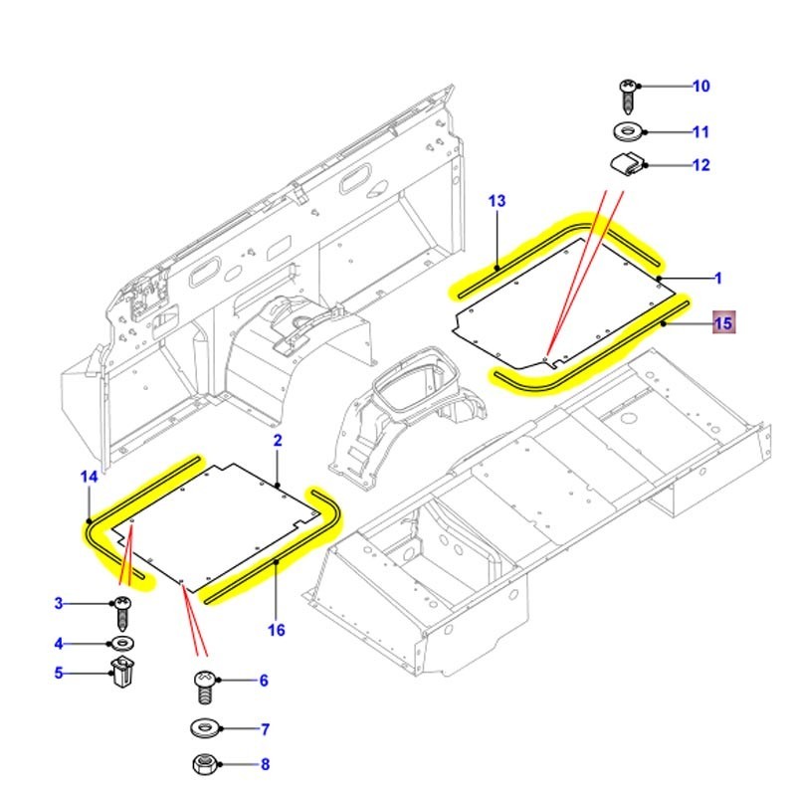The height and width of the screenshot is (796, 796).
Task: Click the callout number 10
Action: pyautogui.click(x=701, y=87)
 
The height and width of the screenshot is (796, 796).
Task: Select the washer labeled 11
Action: pyautogui.click(x=628, y=131)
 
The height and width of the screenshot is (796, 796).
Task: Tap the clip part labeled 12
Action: pyautogui.click(x=628, y=163)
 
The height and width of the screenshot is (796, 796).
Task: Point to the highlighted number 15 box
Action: pyautogui.click(x=723, y=323)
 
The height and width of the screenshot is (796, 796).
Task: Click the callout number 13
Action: pyautogui.click(x=497, y=201)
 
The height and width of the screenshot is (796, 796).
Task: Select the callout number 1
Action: pyautogui.click(x=718, y=279)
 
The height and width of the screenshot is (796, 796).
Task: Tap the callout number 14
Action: pyautogui.click(x=89, y=478)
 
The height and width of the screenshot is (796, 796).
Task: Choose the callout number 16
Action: pyautogui.click(x=277, y=630)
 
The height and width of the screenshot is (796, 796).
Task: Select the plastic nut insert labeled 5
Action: pyautogui.click(x=123, y=676)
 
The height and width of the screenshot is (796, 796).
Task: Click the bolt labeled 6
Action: pyautogui.click(x=205, y=686)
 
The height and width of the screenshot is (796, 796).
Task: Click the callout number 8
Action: pyautogui.click(x=265, y=765)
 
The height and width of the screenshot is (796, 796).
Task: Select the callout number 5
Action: pyautogui.click(x=58, y=674)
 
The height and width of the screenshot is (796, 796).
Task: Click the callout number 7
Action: pyautogui.click(x=265, y=729)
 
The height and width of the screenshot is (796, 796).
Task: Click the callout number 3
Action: pyautogui.click(x=58, y=603)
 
